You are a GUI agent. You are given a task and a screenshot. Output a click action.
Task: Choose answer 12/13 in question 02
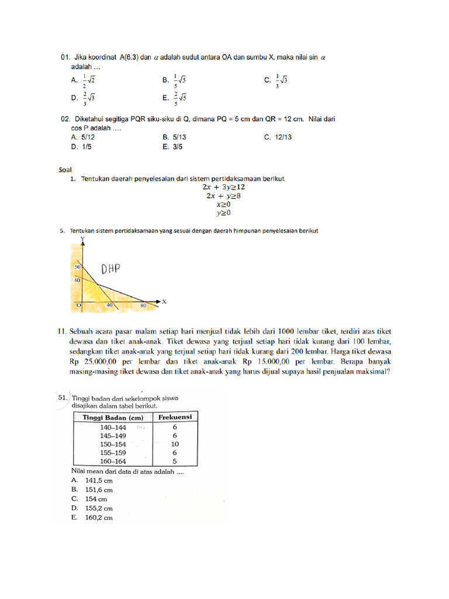(x=278, y=137)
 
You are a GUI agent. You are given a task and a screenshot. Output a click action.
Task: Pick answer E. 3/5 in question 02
(x=173, y=147)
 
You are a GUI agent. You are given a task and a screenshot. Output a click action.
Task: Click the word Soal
(x=65, y=169)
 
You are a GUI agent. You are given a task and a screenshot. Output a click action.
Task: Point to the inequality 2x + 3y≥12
(x=224, y=187)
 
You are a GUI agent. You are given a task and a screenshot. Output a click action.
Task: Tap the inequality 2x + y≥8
(x=222, y=196)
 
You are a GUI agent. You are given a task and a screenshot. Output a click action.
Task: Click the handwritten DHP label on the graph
(x=110, y=269)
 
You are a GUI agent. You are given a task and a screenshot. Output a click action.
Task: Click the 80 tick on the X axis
(x=143, y=305)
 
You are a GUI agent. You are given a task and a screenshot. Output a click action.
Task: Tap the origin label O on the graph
(x=79, y=305)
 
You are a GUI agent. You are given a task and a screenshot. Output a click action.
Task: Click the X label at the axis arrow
(x=164, y=302)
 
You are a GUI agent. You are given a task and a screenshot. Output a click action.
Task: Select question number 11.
(x=63, y=331)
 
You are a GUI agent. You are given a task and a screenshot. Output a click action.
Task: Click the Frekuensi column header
(x=175, y=417)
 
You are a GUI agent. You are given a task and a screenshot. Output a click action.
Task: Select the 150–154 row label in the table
(x=113, y=443)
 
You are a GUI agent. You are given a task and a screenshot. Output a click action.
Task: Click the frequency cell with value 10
(x=175, y=443)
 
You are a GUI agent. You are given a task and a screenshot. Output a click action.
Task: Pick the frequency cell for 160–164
(x=175, y=460)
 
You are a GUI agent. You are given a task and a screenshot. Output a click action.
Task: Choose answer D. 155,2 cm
(x=92, y=508)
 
